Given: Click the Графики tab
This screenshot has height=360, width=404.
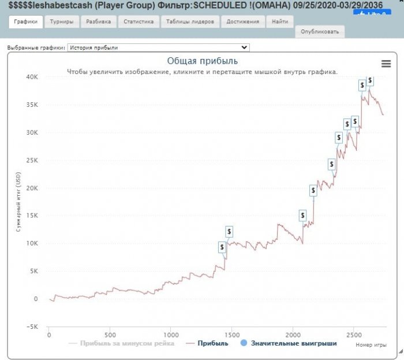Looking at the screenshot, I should (26, 22).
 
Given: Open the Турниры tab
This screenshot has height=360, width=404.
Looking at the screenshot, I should (61, 22).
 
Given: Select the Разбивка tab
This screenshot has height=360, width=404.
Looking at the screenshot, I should (98, 22).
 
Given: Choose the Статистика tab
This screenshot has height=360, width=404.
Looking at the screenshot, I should (139, 22).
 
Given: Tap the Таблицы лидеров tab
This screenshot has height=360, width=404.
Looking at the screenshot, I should (190, 22).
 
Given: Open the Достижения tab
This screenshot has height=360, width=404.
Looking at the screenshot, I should (242, 22).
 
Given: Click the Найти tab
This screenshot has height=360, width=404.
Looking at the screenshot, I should (280, 22).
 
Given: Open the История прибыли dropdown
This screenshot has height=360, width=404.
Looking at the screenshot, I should (158, 47).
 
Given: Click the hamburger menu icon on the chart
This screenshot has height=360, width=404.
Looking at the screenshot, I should (386, 64).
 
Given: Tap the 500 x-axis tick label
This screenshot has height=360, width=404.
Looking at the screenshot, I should (110, 335).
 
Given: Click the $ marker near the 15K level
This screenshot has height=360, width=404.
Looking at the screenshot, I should (302, 216).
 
